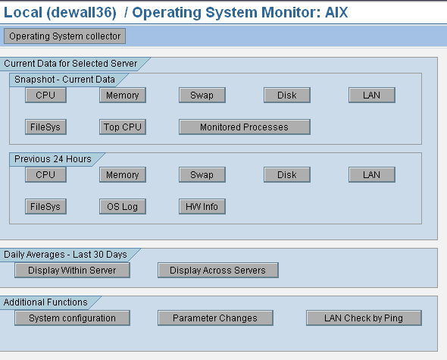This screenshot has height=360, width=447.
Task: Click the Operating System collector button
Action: [x=64, y=36]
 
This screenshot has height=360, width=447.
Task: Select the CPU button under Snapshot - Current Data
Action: [x=45, y=95]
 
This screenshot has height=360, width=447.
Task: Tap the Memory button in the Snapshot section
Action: [x=123, y=95]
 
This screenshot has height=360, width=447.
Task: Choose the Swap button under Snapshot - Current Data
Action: [x=202, y=95]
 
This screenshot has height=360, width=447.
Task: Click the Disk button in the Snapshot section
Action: [x=287, y=95]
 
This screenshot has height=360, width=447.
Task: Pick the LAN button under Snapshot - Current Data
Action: [x=372, y=95]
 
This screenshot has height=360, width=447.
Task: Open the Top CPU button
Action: [x=123, y=127]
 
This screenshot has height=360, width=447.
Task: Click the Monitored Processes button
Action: [x=245, y=127]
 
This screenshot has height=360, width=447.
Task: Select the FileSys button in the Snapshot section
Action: [x=45, y=127]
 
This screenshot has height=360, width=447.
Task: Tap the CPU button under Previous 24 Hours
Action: [x=45, y=174]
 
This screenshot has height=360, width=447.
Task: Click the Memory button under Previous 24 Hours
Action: [x=123, y=174]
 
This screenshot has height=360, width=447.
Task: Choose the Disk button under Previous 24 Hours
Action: [x=287, y=174]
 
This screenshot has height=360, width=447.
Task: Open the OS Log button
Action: [x=123, y=207]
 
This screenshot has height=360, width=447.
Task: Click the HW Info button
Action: [x=202, y=207]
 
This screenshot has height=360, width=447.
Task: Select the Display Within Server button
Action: [x=72, y=270]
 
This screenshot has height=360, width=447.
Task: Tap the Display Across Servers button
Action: [x=218, y=270]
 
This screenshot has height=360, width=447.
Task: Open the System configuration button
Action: [x=72, y=318]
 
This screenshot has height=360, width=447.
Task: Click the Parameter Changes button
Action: [x=215, y=318]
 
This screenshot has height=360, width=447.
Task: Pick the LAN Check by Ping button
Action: [x=364, y=318]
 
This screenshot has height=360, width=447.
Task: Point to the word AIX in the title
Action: [x=336, y=13]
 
